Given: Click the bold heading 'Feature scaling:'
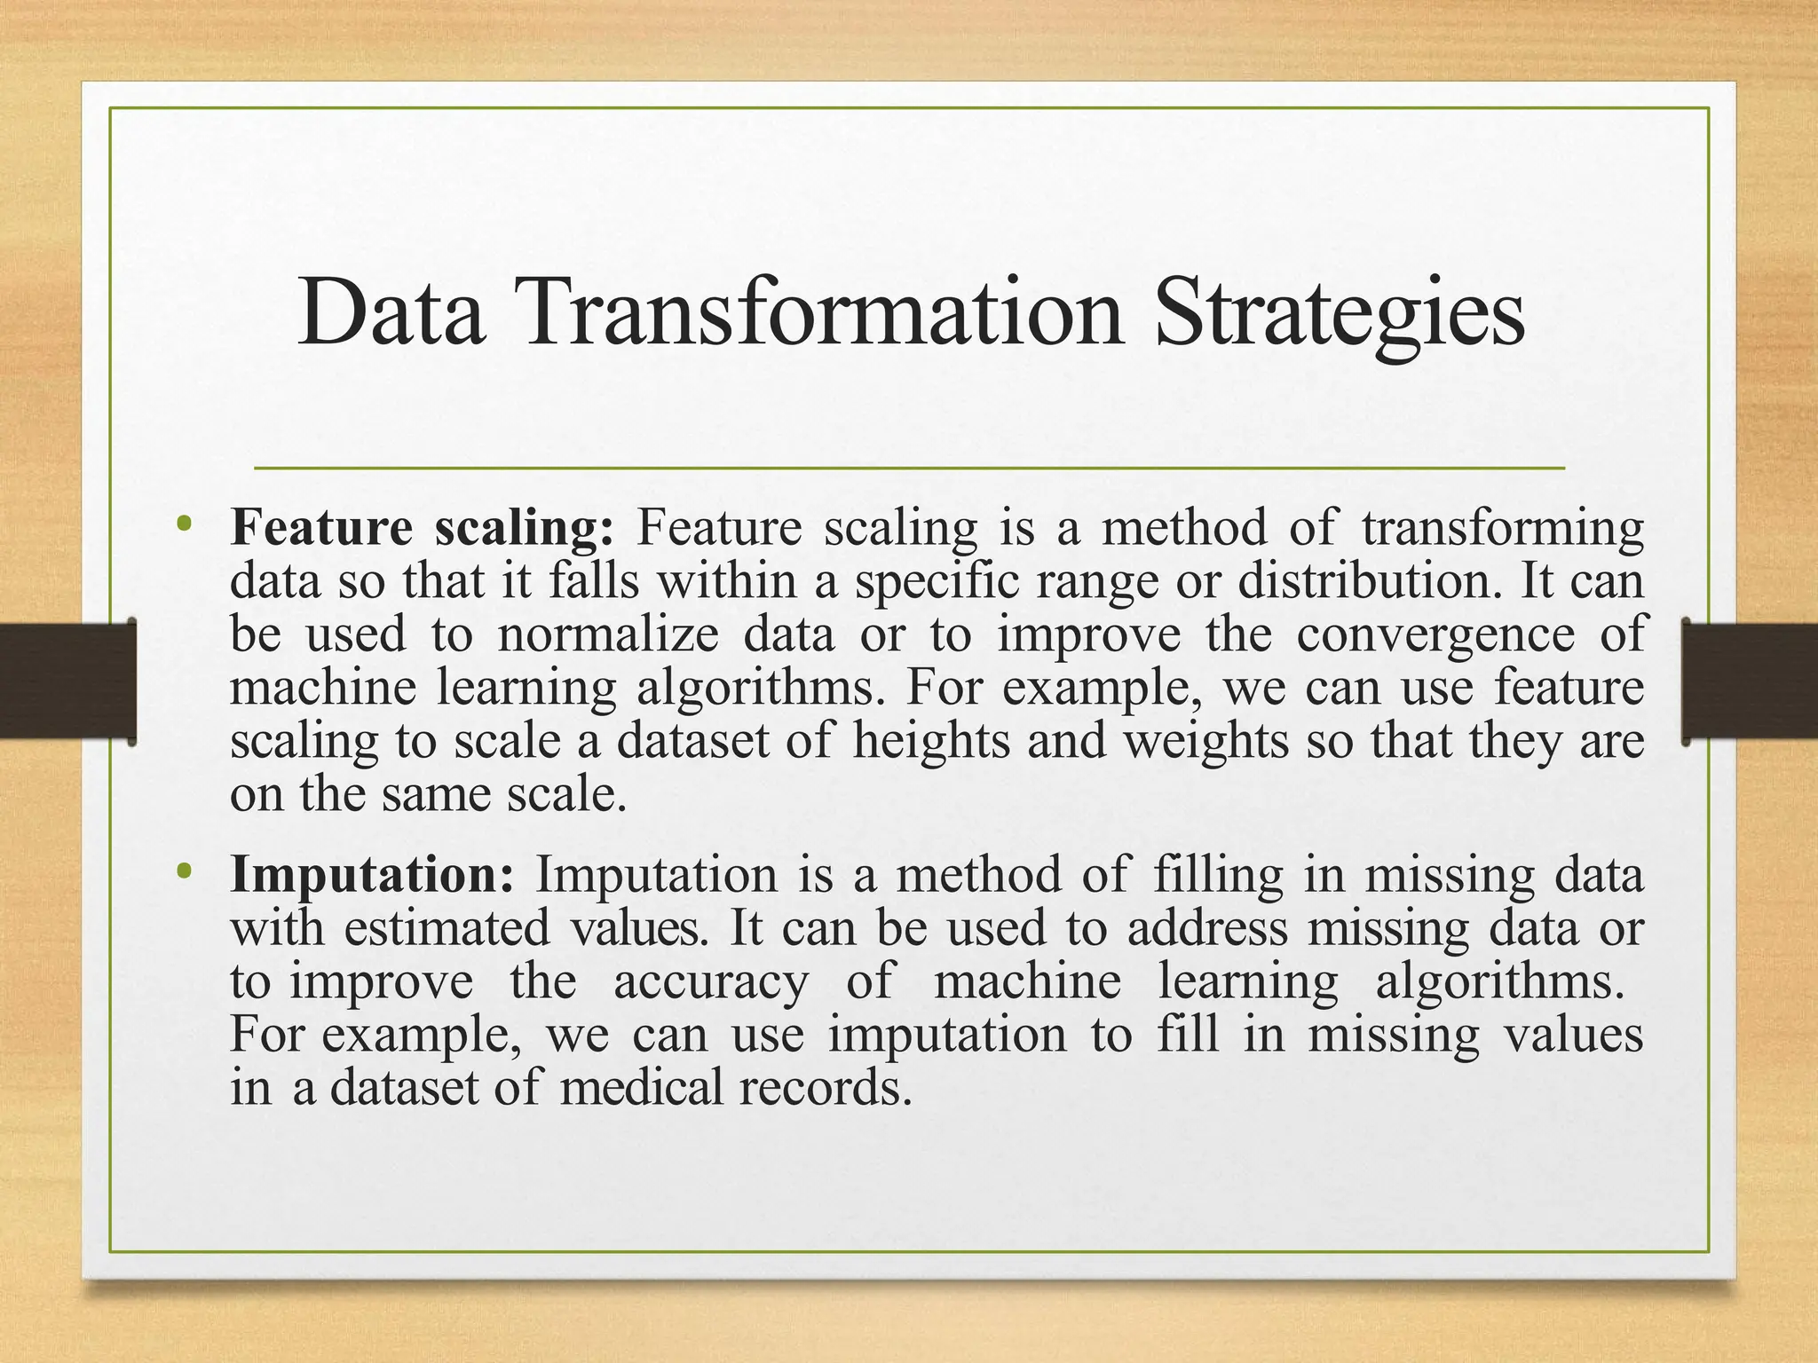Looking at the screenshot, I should [x=422, y=529].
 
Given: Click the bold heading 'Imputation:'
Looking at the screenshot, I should [x=372, y=875].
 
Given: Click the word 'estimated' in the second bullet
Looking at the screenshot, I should [x=447, y=929].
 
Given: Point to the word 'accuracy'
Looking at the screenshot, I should [x=710, y=981].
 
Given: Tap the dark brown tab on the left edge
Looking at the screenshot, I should [x=67, y=681].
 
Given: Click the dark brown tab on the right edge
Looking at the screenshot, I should [x=1751, y=681].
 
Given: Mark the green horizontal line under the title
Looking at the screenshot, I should [x=909, y=468].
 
